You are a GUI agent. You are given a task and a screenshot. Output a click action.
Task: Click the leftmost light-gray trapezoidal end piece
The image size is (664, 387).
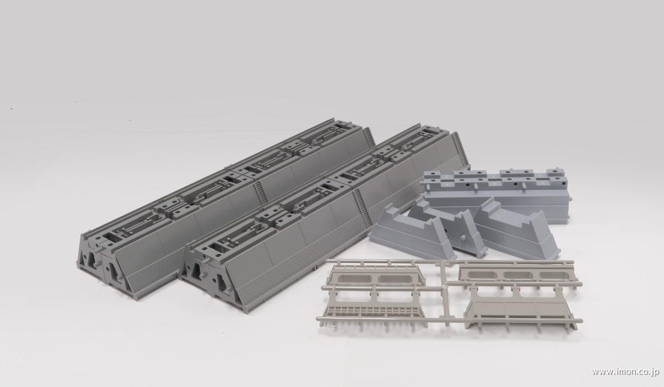point(407,232)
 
